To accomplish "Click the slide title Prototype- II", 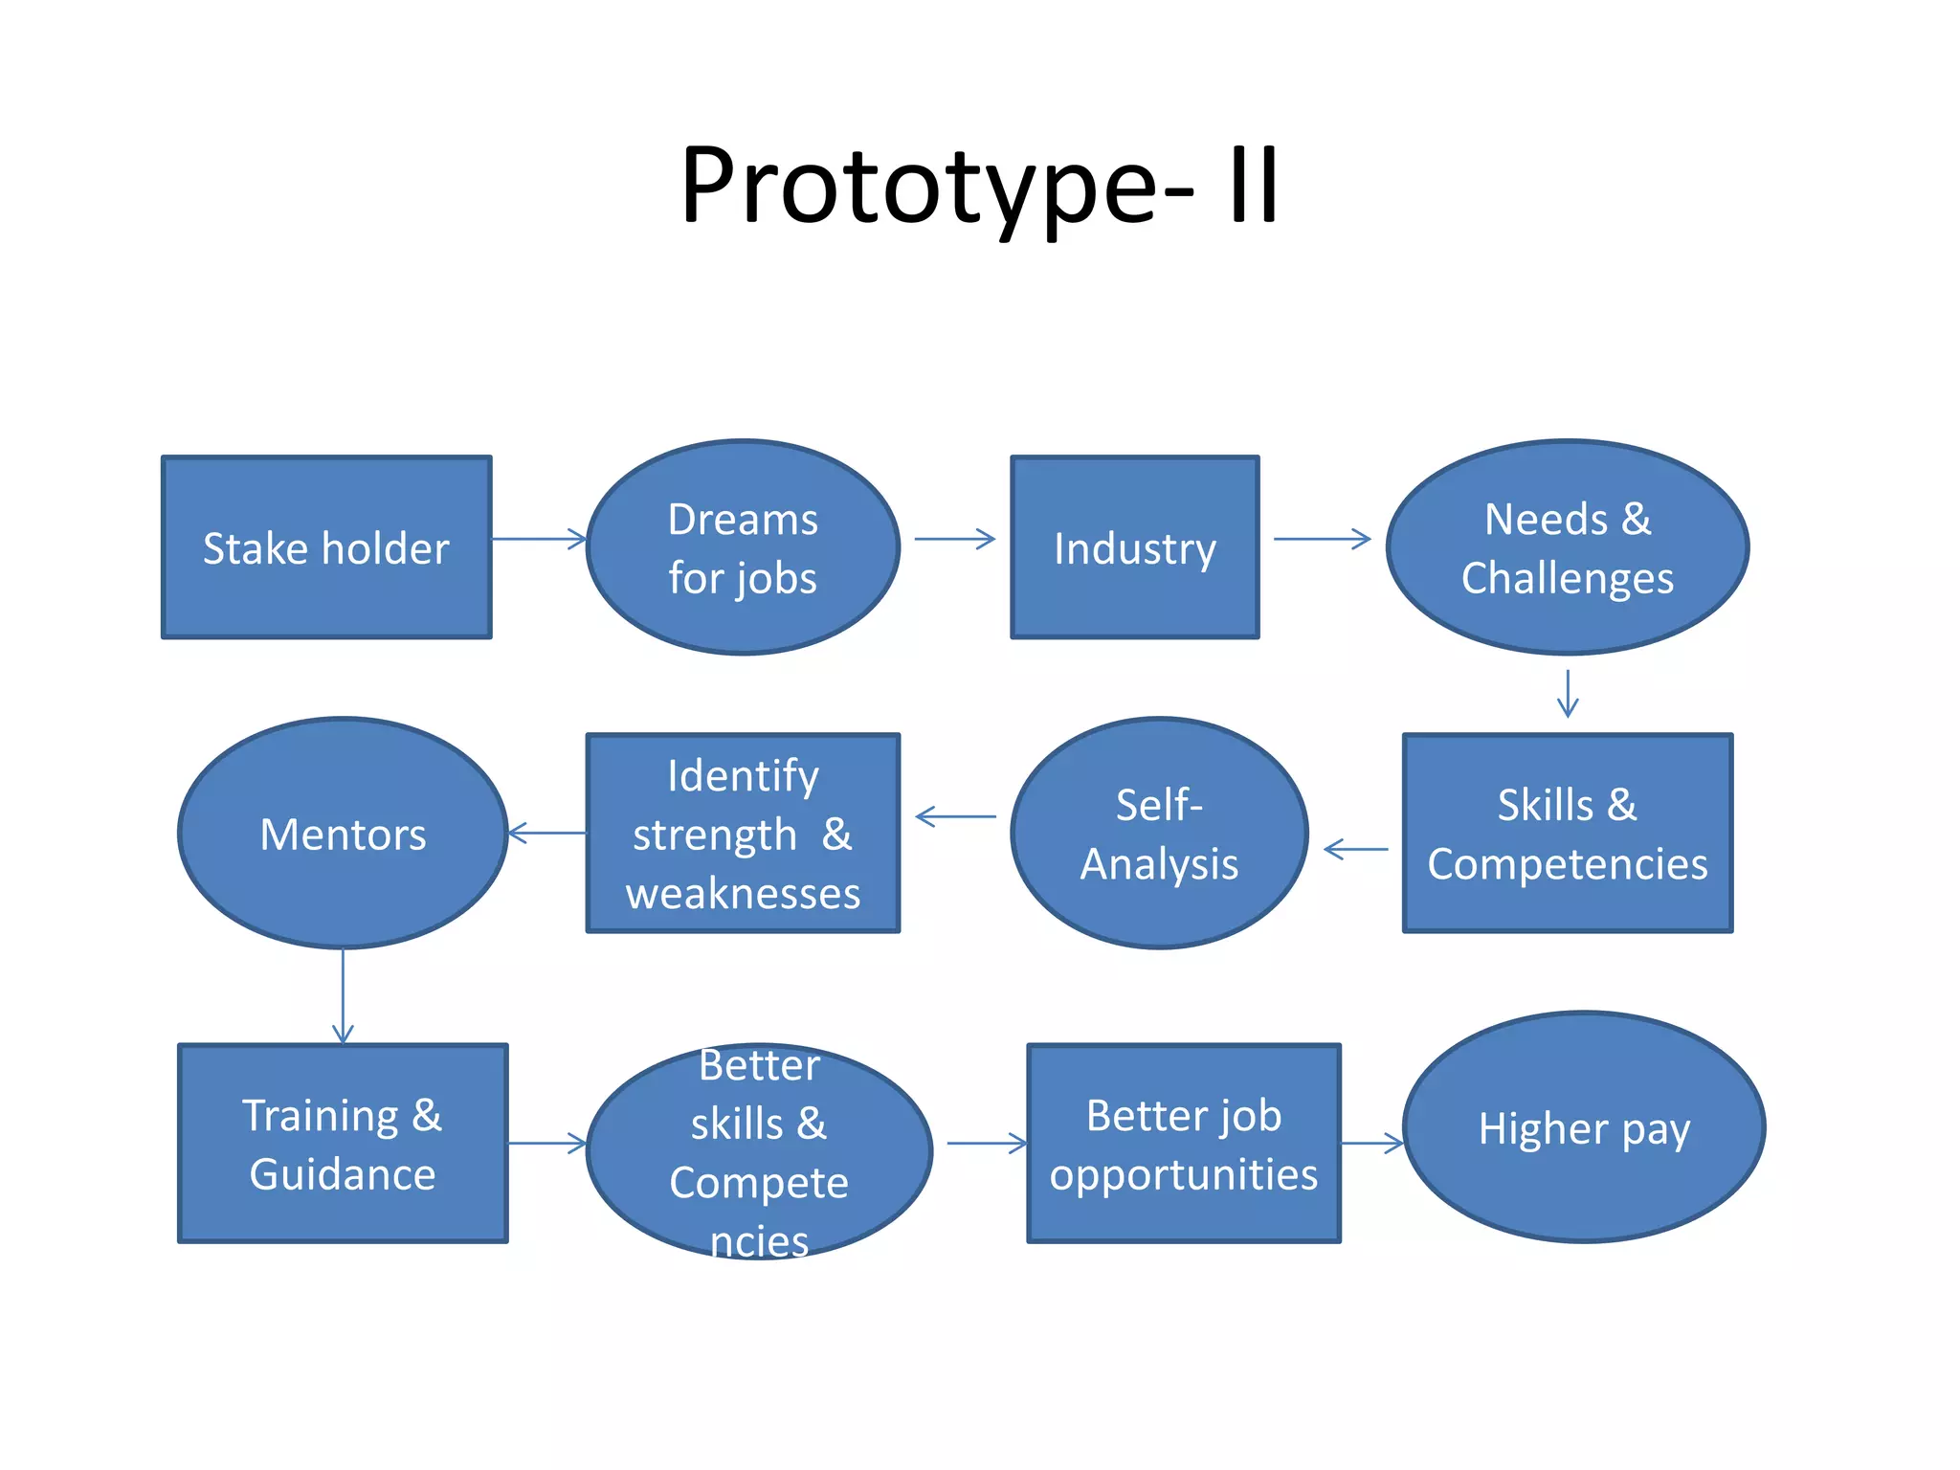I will [979, 187].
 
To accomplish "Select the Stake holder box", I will [326, 547].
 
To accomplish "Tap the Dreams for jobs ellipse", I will [743, 547].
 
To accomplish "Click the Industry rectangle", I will [1135, 547].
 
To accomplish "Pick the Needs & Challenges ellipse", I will [1568, 547].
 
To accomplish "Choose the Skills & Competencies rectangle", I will [1568, 833].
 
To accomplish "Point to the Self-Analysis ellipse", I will [1159, 833].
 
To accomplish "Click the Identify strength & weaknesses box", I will [743, 833].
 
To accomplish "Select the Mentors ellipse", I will [343, 833].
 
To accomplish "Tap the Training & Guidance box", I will [343, 1144].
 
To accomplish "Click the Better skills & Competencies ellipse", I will [759, 1151].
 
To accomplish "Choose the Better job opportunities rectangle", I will [1184, 1144].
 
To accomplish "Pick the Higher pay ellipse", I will [1584, 1127].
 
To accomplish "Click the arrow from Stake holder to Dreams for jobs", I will [539, 539].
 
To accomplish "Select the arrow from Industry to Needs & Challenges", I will [1323, 539].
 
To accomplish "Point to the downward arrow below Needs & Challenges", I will [1568, 694].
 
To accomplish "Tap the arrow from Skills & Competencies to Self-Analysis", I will [1356, 849].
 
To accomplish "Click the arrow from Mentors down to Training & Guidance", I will [343, 996].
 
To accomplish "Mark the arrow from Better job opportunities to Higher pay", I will [1372, 1143].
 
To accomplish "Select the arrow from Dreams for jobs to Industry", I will [955, 539].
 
